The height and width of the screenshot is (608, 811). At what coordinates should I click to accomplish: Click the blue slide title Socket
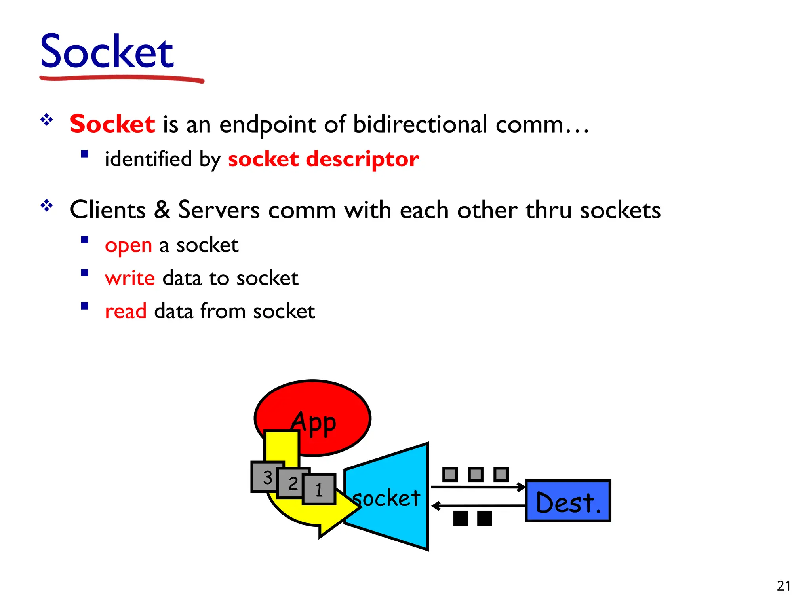click(x=107, y=51)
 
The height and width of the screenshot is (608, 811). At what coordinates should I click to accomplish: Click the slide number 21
click(x=784, y=586)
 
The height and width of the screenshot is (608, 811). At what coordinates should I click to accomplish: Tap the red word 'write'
click(x=129, y=278)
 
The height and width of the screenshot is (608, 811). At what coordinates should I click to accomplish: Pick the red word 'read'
click(x=126, y=312)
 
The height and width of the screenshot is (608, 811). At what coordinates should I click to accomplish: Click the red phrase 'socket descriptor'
click(x=323, y=160)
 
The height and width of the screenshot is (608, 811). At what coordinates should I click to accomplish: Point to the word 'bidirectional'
click(x=420, y=124)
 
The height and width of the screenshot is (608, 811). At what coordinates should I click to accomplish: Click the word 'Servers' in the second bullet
click(x=219, y=210)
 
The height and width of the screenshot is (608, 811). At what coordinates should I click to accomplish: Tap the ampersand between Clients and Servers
click(x=162, y=210)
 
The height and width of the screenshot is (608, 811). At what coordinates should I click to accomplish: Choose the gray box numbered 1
click(x=319, y=490)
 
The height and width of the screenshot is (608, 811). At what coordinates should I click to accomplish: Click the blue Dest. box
click(x=568, y=501)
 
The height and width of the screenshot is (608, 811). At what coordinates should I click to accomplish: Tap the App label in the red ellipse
click(x=314, y=423)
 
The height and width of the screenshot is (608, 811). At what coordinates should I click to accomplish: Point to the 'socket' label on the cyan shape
click(x=386, y=498)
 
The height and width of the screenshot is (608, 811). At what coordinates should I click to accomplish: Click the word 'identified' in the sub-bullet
click(x=148, y=160)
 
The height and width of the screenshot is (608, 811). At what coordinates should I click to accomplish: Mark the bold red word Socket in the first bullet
click(x=112, y=124)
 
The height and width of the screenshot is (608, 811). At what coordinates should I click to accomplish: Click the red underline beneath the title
click(x=122, y=78)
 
